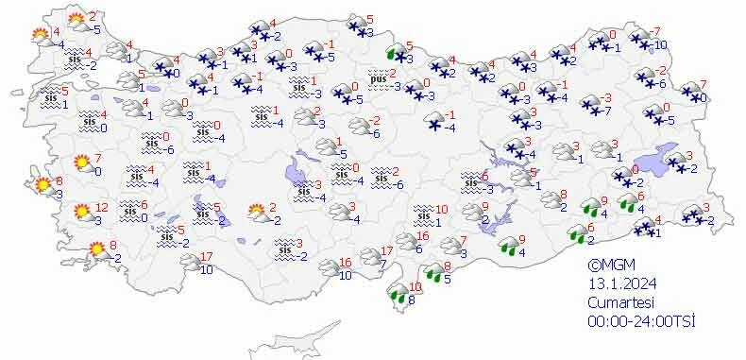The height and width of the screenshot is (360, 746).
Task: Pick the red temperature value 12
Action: pos(102,208)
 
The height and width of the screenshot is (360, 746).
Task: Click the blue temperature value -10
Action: pos(660,45)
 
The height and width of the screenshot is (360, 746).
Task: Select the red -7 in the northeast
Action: pos(656,32)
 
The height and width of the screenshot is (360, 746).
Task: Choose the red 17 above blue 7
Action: pos(386,251)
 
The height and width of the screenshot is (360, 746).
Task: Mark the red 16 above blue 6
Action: pos(423,236)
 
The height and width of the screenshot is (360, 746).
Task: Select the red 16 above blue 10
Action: pos(345,262)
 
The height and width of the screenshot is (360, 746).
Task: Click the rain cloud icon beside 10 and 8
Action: pos(400,296)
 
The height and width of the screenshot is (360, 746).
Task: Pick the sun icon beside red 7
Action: pos(82,163)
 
